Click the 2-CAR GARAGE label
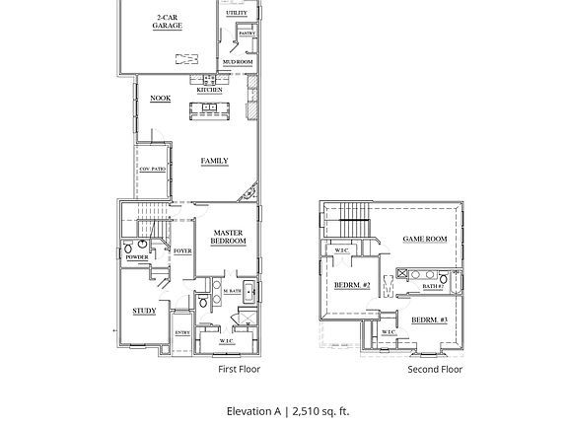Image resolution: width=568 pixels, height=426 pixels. click(167, 22)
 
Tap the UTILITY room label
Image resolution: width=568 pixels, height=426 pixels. click(237, 13)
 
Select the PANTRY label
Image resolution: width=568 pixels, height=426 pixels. click(246, 34)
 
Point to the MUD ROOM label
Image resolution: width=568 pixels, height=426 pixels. click(237, 61)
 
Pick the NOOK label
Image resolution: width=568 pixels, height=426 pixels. click(160, 99)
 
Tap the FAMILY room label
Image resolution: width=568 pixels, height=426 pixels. click(214, 161)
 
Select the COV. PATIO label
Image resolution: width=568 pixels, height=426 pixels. click(152, 169)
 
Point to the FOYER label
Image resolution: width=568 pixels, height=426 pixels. click(182, 251)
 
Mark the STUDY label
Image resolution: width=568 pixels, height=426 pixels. click(144, 311)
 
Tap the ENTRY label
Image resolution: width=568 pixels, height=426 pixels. click(182, 332)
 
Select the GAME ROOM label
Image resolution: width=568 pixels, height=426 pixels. click(424, 239)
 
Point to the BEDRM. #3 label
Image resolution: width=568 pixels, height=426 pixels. click(429, 320)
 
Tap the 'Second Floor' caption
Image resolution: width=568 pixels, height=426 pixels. click(435, 370)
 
